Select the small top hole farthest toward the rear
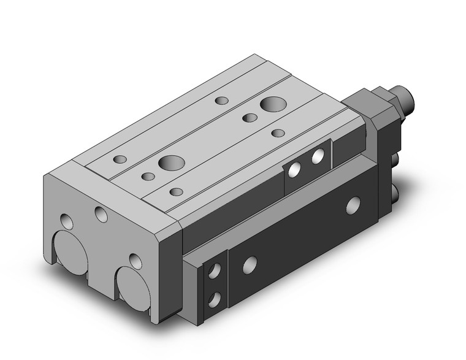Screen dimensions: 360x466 coord(221,99)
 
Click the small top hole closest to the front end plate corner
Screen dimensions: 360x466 coord(121,159)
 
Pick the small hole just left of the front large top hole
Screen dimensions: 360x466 coord(148,177)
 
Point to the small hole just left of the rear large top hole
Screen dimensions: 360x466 coord(249,117)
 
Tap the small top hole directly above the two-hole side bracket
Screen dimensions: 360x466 coord(278,133)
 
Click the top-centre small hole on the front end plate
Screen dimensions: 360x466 coord(101,214)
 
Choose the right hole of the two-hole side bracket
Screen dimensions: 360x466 coord(317,158)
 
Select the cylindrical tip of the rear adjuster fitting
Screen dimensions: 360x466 coord(407,99)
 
